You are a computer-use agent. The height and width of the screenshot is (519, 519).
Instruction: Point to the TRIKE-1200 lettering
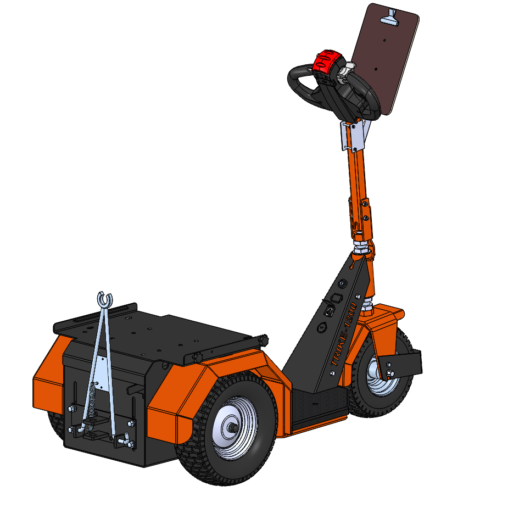coord(344,334)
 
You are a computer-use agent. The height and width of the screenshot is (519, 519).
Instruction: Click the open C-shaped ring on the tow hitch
coord(104,299)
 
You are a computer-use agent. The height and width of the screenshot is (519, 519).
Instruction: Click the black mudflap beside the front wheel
coord(400,365)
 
